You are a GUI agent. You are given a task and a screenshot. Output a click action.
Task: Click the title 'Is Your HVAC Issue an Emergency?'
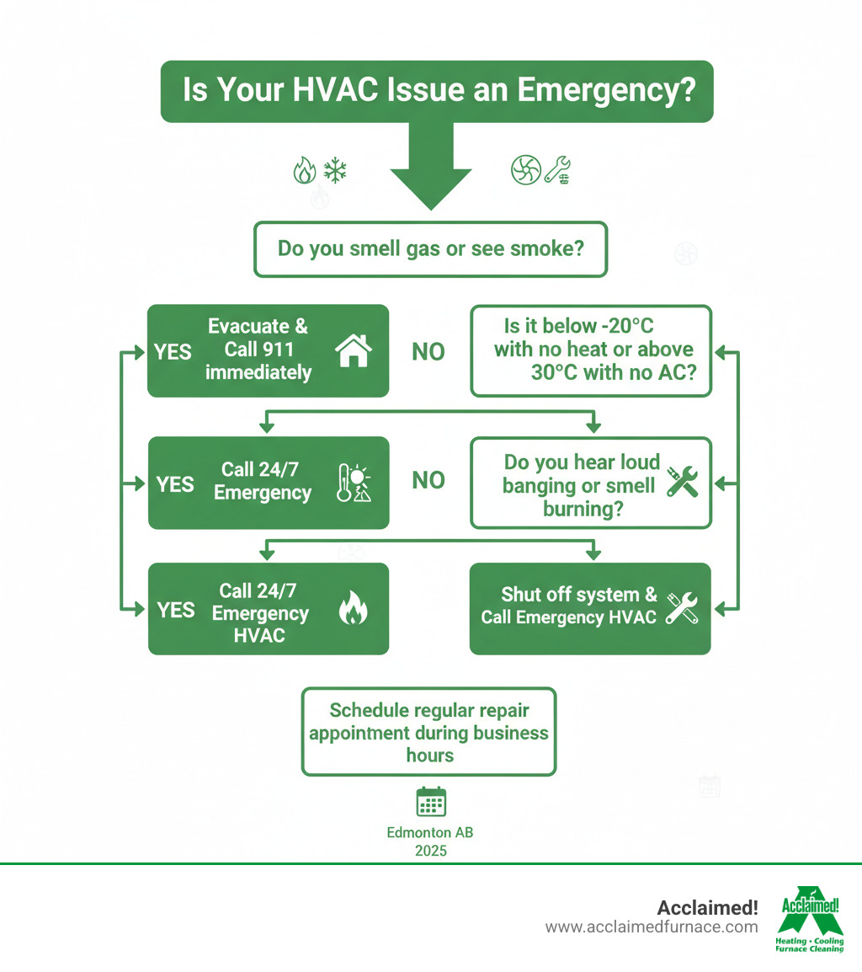click(437, 90)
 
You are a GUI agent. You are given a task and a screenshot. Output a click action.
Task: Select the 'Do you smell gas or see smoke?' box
click(430, 249)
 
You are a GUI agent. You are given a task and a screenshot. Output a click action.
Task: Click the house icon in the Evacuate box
click(353, 350)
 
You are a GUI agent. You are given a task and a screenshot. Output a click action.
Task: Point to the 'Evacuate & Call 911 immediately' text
click(258, 350)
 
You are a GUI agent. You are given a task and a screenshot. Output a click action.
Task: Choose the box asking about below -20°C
click(591, 350)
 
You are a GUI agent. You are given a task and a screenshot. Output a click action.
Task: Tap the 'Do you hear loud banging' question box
click(591, 483)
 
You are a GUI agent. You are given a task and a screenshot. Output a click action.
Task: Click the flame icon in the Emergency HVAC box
click(353, 609)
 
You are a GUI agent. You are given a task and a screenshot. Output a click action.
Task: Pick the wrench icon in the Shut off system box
click(681, 607)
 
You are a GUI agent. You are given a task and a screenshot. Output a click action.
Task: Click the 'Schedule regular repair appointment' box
click(428, 731)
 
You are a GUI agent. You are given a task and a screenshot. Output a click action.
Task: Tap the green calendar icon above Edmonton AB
click(431, 802)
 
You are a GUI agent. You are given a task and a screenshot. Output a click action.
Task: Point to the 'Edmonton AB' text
click(430, 832)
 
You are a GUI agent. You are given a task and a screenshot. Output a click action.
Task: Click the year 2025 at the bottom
click(430, 851)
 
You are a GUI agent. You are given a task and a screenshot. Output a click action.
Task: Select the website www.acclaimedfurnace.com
click(652, 927)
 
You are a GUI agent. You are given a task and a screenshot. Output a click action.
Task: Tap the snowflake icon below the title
click(335, 171)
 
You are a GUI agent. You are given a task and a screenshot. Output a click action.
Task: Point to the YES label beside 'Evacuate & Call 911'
click(173, 351)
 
